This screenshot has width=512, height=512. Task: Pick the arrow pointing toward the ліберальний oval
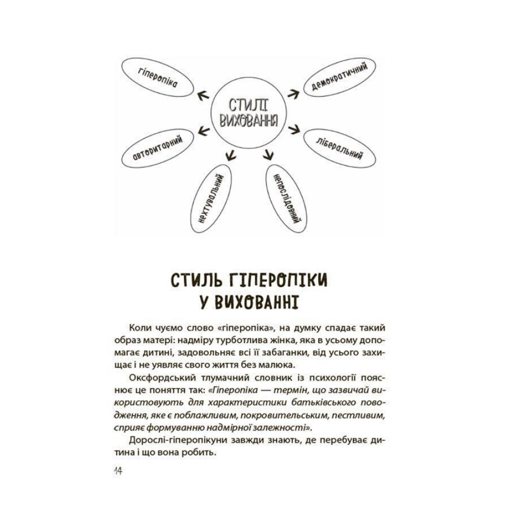[293, 129]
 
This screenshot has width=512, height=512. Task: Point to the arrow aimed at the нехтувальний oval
[231, 152]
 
